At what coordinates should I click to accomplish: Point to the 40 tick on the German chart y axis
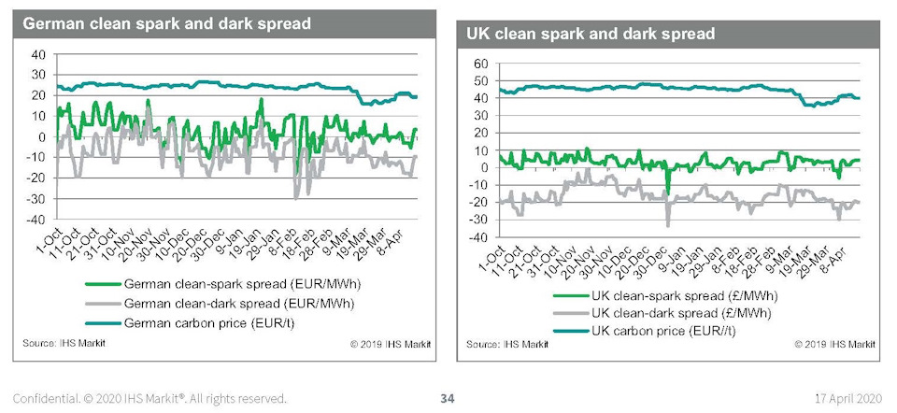[37, 54]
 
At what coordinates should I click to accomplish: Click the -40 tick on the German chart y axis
[36, 220]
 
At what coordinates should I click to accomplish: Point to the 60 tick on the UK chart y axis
[483, 64]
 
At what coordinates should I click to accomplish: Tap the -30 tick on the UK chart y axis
[480, 220]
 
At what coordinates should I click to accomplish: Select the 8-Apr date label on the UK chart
[849, 253]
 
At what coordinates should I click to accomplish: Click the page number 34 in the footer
[448, 399]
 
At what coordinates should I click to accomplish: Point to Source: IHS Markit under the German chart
[64, 345]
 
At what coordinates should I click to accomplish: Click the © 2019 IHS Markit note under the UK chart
[834, 344]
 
